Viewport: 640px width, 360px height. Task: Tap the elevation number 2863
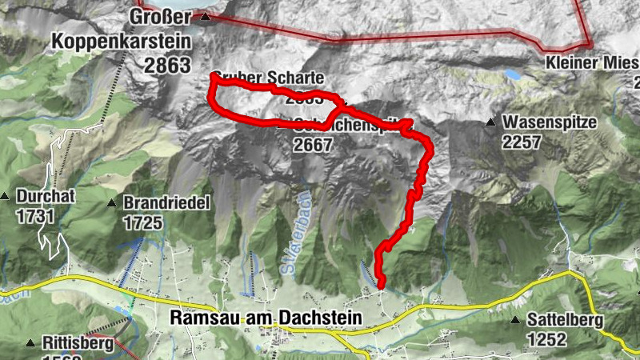click(168, 65)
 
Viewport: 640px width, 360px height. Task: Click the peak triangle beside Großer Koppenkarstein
click(206, 16)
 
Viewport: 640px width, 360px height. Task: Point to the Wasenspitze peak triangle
click(490, 122)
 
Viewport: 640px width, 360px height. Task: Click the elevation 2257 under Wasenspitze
click(522, 142)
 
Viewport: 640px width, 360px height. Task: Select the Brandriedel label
click(166, 203)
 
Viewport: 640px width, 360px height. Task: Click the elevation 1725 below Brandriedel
click(142, 222)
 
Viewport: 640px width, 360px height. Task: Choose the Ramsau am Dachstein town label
click(266, 318)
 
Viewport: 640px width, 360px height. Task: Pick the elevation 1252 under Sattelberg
click(546, 339)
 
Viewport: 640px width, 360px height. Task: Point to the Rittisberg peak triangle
click(30, 343)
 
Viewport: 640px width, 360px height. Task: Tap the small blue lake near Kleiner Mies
click(511, 74)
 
